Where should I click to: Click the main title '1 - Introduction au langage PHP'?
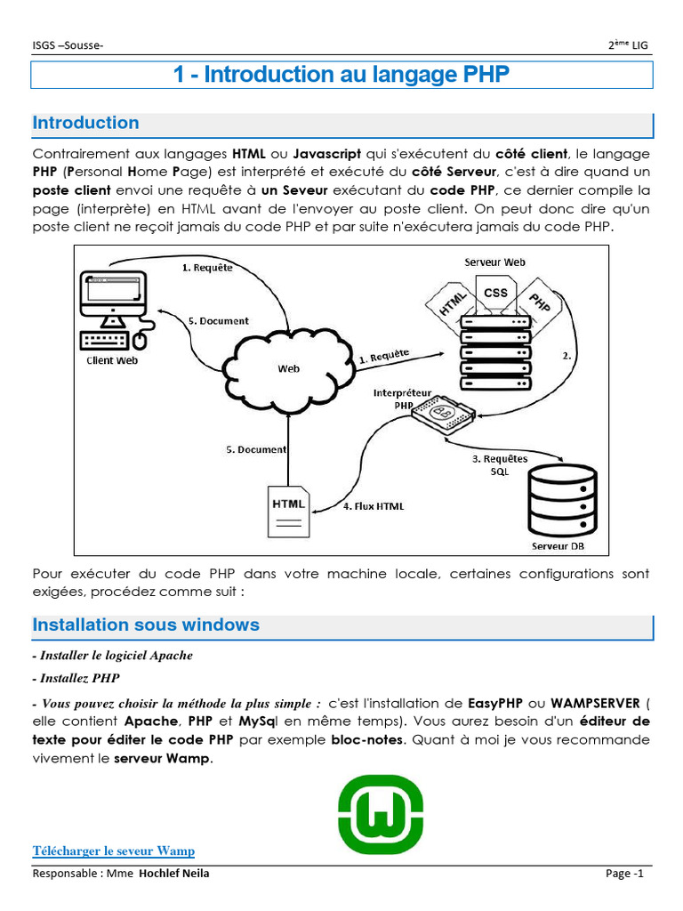[341, 75]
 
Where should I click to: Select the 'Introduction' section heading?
[86, 124]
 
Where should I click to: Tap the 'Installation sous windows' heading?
[146, 625]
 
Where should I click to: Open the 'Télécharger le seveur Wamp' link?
[114, 851]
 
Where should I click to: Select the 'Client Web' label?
[112, 360]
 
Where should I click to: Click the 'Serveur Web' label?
[494, 262]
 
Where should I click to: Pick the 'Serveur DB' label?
[558, 545]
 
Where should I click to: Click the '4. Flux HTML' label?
[374, 506]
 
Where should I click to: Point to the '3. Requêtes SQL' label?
[499, 464]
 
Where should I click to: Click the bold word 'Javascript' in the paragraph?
[326, 153]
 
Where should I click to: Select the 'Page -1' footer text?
[624, 874]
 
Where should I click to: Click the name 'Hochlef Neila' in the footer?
[174, 874]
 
